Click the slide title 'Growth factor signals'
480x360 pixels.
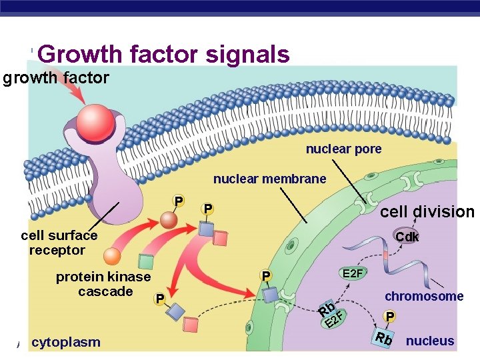tap(167, 54)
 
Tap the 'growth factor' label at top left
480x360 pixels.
tap(56, 78)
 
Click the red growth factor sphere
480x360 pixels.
tap(96, 119)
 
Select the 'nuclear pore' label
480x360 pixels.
tap(343, 149)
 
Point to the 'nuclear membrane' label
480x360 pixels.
tap(269, 179)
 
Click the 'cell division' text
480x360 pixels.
tap(427, 212)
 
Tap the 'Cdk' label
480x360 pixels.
tap(407, 237)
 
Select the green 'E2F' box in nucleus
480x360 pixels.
tap(353, 273)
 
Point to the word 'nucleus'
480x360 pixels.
tap(430, 341)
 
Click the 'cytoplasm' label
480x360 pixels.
tap(66, 342)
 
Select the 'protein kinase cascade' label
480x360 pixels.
tap(103, 284)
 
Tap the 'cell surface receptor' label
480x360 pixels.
tap(59, 243)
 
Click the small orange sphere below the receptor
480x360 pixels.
tap(112, 257)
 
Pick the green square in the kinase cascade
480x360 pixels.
tap(144, 262)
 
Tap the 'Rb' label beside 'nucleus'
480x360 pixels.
tap(384, 338)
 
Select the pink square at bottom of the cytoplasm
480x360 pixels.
tap(191, 325)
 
